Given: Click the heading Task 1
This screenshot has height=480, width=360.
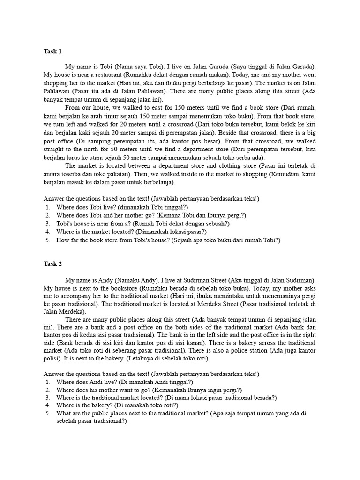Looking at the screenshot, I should pyautogui.click(x=52, y=52).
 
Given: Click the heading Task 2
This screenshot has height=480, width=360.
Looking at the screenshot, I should pyautogui.click(x=52, y=264).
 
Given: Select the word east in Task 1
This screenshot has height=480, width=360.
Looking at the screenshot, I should pyautogui.click(x=146, y=107).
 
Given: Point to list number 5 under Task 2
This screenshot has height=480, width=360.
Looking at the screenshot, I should pyautogui.click(x=48, y=413).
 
